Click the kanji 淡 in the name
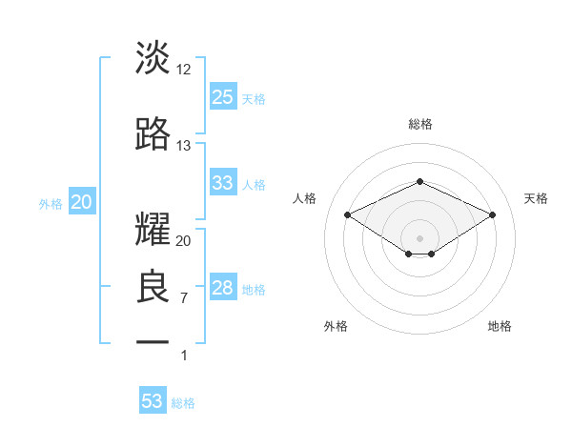[153, 59]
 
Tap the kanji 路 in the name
[153, 134]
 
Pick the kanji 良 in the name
[153, 287]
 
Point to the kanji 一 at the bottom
[153, 340]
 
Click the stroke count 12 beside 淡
[184, 70]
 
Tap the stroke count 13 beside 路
[184, 146]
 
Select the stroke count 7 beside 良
[184, 298]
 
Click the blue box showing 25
[223, 97]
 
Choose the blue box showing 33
[223, 183]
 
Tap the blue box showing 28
[223, 288]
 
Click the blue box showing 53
[153, 401]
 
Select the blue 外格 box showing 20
[81, 202]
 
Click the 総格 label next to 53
[184, 403]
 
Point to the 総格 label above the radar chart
[419, 124]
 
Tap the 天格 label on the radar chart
[536, 198]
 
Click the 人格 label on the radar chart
[305, 198]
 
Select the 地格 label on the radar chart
[500, 326]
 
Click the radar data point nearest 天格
[492, 214]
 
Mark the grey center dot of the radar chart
[419, 237]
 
